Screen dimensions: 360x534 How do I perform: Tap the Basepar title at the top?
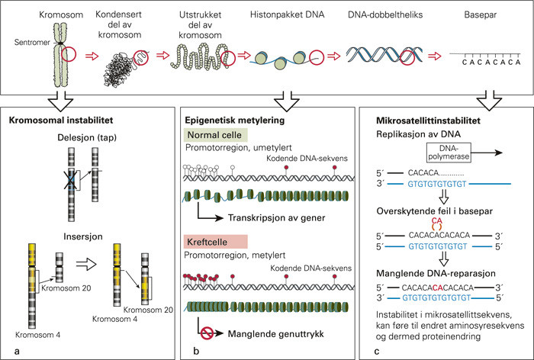479,15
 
